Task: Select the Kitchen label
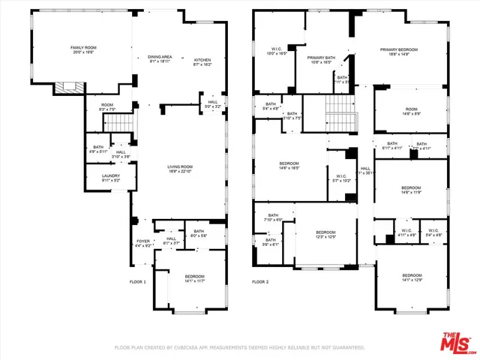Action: click(203, 62)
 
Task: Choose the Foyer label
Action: click(143, 242)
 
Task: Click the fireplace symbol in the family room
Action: click(67, 88)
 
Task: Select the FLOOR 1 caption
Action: click(137, 281)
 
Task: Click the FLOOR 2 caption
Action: click(259, 282)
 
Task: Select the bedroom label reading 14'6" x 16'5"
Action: click(289, 166)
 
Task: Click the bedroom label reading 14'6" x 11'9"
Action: click(410, 190)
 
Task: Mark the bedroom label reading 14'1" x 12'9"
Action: click(412, 277)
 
